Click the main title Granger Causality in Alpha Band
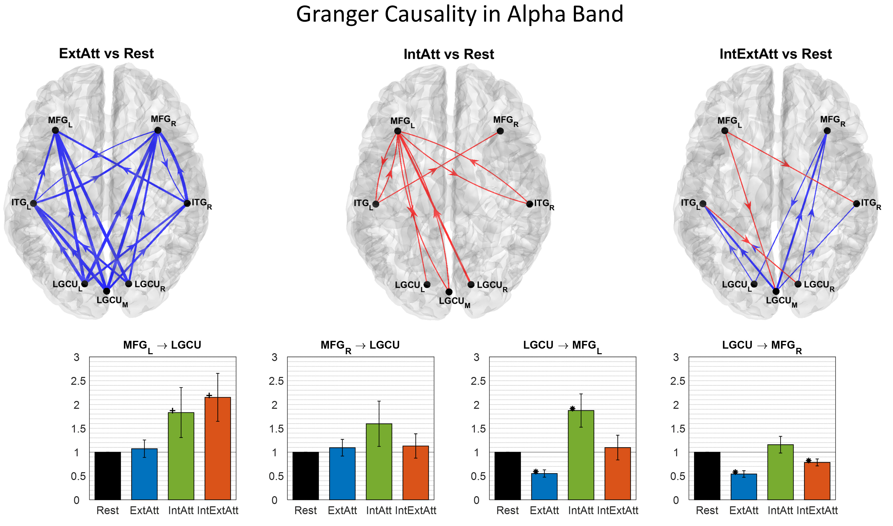pyautogui.click(x=460, y=14)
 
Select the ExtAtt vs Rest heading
pyautogui.click(x=106, y=54)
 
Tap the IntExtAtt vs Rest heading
pyautogui.click(x=776, y=54)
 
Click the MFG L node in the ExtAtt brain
pyautogui.click(x=55, y=130)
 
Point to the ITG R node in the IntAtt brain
pyautogui.click(x=529, y=204)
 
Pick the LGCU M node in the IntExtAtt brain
pyautogui.click(x=776, y=291)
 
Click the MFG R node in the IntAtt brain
pyautogui.click(x=500, y=131)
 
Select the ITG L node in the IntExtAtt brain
pyautogui.click(x=703, y=203)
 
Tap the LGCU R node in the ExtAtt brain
pyautogui.click(x=129, y=283)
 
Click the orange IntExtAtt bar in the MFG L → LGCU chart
pyautogui.click(x=218, y=448)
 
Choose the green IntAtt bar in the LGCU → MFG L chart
pyautogui.click(x=581, y=455)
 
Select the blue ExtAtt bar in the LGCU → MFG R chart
pyautogui.click(x=744, y=487)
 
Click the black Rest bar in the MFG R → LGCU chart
pyautogui.click(x=306, y=476)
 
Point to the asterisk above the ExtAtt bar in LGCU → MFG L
pyautogui.click(x=535, y=471)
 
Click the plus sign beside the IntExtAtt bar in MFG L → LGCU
pyautogui.click(x=209, y=395)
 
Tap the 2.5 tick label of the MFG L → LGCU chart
pyautogui.click(x=78, y=381)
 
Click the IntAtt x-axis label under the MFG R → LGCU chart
pyautogui.click(x=379, y=510)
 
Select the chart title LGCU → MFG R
pyautogui.click(x=762, y=346)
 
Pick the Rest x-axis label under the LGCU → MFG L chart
pyautogui.click(x=507, y=510)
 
